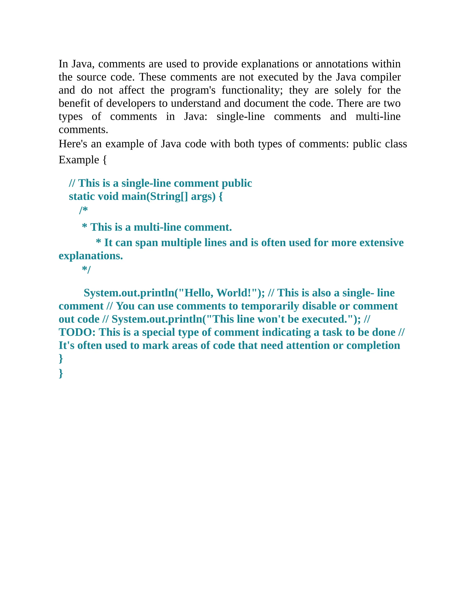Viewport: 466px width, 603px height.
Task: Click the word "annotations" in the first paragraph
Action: pyautogui.click(x=342, y=64)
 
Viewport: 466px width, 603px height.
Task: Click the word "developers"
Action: pyautogui.click(x=131, y=103)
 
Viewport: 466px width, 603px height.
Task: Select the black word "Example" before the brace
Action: pyautogui.click(x=79, y=160)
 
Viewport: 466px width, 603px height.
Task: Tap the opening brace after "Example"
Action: pyautogui.click(x=105, y=160)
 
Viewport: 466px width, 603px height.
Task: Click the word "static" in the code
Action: pyautogui.click(x=82, y=197)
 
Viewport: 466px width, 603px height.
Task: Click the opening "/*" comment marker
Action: pyautogui.click(x=83, y=210)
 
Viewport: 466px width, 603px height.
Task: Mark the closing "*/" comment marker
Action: pyautogui.click(x=86, y=269)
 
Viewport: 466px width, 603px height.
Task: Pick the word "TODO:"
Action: pyautogui.click(x=77, y=332)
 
